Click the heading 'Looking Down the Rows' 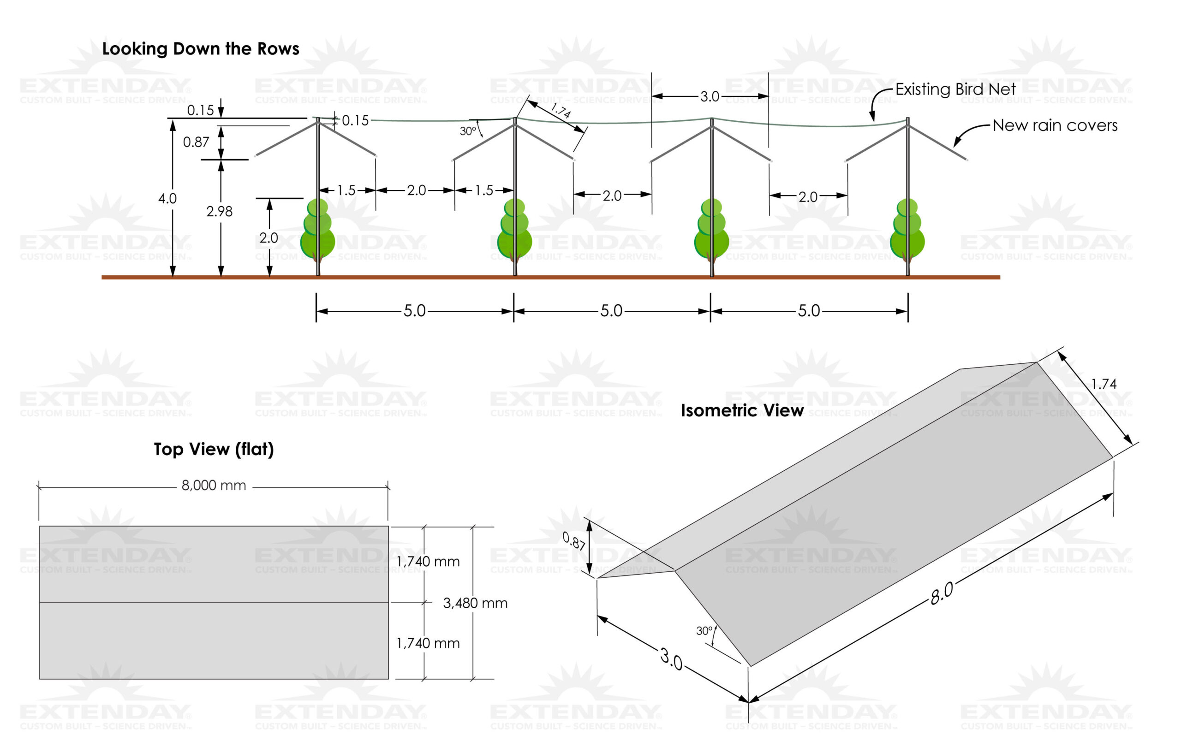tap(200, 48)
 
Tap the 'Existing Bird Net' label tap(955, 89)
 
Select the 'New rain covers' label tap(1055, 125)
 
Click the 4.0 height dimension tap(167, 198)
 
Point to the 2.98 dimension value tap(219, 212)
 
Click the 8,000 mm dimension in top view tap(214, 485)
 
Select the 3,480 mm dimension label tap(475, 603)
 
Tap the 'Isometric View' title tap(741, 411)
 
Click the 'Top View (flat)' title tap(214, 449)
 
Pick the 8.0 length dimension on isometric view tap(941, 593)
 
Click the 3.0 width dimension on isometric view tap(671, 659)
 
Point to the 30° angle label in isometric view tap(704, 631)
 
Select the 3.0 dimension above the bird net tap(710, 96)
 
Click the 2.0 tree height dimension tap(268, 238)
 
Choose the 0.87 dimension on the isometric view tap(574, 540)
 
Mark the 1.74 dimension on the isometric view tap(1103, 384)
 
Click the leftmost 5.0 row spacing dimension tap(414, 311)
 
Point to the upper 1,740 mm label tap(428, 562)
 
